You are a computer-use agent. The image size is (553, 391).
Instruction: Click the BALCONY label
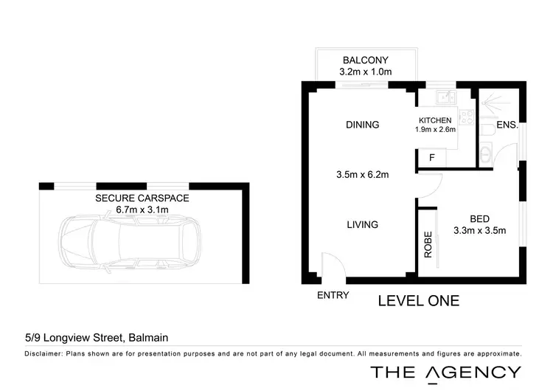click(365, 60)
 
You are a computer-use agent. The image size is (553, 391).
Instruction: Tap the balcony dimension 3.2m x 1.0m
click(364, 72)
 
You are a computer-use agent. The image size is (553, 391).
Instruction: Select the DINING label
click(362, 125)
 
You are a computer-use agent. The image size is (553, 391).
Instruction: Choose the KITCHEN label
click(435, 120)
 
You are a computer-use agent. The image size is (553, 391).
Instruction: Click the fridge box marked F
click(433, 156)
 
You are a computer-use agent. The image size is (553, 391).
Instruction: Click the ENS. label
click(507, 125)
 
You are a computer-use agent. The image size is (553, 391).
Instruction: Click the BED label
click(480, 218)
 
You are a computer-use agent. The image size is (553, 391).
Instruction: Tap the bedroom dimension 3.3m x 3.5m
click(479, 230)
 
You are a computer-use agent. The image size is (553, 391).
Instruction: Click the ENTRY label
click(333, 295)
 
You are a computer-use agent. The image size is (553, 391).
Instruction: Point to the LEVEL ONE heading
click(418, 300)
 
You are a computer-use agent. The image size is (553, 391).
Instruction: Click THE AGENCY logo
click(445, 373)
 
